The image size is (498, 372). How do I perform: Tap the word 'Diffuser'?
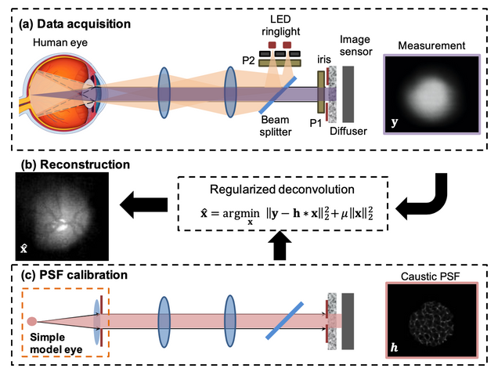pos(349,131)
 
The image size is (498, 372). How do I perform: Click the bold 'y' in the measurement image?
pos(395,121)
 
